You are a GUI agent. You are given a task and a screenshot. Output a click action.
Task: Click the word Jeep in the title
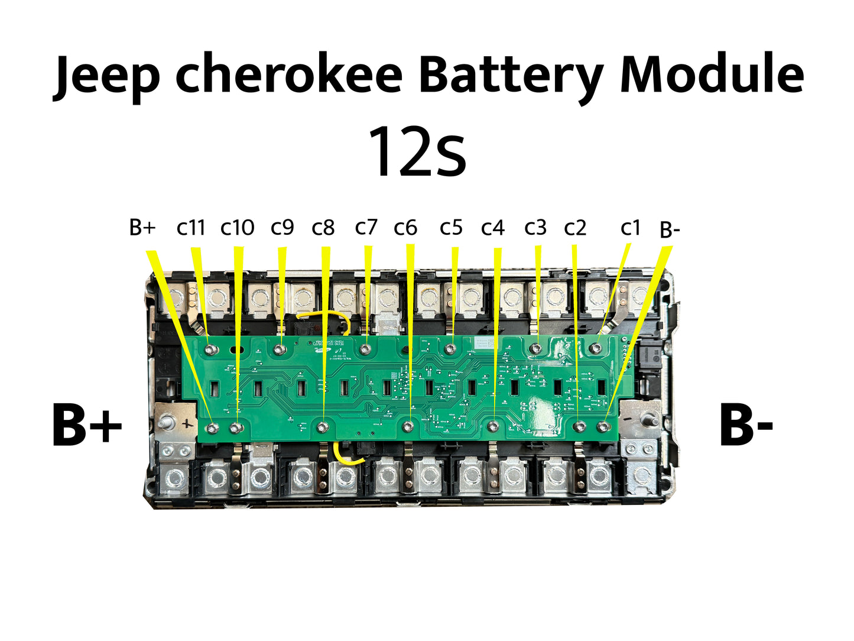click(106, 76)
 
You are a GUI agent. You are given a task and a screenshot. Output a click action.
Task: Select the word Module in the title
click(712, 76)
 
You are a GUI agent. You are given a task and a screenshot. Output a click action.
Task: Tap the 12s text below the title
click(417, 152)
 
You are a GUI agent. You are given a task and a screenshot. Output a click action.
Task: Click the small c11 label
click(190, 227)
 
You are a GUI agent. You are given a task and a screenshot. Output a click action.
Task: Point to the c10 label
click(237, 227)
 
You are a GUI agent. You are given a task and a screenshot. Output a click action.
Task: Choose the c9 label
click(282, 227)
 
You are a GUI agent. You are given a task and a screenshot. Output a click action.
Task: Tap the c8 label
click(323, 228)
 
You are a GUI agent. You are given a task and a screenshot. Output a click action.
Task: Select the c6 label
click(405, 228)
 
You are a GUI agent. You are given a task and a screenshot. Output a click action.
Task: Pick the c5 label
click(451, 227)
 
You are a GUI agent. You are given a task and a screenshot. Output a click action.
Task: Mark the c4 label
click(493, 228)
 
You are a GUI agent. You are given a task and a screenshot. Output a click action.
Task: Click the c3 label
click(535, 227)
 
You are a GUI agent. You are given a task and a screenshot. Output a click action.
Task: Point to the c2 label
click(575, 228)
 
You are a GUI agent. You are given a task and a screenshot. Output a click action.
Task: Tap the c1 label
click(630, 228)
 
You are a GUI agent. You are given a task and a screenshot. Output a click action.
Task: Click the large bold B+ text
click(87, 425)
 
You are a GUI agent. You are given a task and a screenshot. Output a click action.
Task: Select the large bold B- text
click(746, 425)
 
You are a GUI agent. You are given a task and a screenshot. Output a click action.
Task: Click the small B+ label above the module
click(142, 227)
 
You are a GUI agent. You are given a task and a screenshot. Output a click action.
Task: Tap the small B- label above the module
click(670, 230)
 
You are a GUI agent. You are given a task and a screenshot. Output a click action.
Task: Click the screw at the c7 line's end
click(366, 349)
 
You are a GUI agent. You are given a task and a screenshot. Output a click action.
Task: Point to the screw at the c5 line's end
click(450, 349)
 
